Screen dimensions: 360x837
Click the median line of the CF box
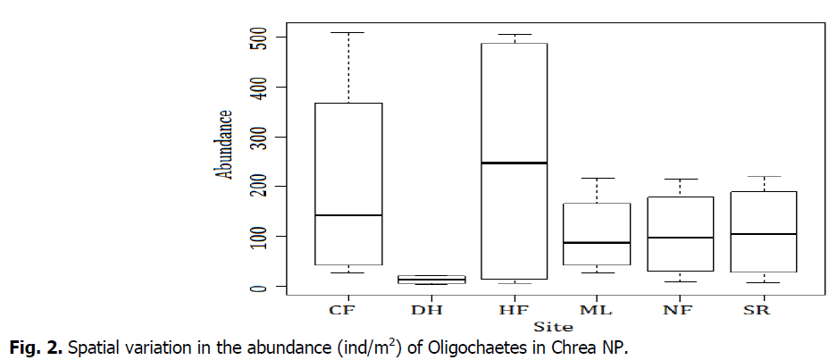(x=348, y=215)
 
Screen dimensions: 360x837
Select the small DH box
(x=431, y=280)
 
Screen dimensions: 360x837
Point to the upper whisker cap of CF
(x=348, y=33)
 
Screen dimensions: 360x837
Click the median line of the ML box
(x=596, y=242)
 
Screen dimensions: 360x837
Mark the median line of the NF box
(x=679, y=238)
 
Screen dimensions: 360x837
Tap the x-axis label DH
(x=431, y=310)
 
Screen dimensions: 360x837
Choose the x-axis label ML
(x=596, y=310)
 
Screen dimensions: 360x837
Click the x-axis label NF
(x=679, y=310)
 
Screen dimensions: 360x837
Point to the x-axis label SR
(x=761, y=310)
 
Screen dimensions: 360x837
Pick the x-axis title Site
(x=553, y=327)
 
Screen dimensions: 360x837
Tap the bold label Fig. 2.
(x=29, y=346)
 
